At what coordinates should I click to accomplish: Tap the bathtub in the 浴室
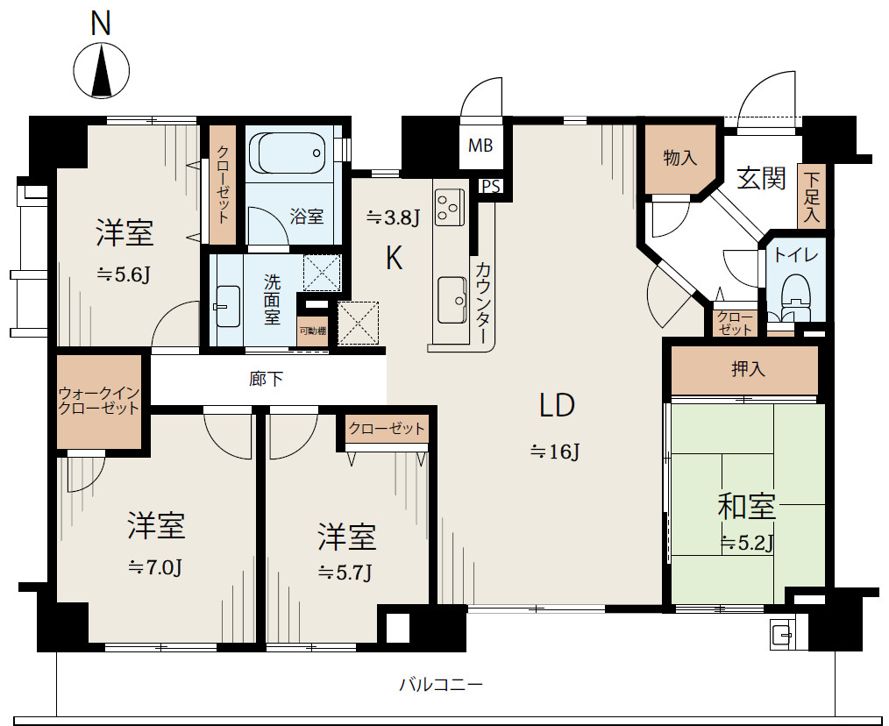288,153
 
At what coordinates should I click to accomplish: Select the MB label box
480,146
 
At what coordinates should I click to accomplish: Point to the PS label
491,187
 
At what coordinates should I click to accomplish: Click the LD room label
557,406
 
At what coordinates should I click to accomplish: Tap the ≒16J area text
555,452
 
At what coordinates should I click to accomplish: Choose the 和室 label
746,507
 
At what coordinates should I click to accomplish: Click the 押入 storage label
749,369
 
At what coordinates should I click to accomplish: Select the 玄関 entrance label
761,179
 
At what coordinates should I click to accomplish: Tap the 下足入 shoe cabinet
812,196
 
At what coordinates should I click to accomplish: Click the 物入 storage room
680,158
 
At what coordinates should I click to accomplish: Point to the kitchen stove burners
449,206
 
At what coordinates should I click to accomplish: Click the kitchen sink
452,300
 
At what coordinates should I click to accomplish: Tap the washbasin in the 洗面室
227,306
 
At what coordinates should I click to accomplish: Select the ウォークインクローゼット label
99,401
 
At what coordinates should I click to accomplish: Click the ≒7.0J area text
155,567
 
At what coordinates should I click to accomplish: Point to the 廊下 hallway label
266,378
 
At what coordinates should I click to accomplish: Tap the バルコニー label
441,685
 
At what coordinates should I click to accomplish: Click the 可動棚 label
312,331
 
